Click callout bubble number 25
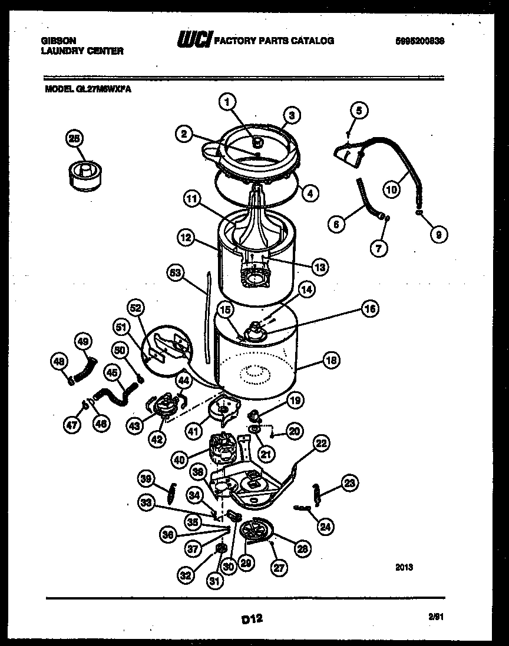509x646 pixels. point(74,139)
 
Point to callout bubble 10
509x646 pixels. point(391,189)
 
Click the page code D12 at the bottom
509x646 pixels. point(251,618)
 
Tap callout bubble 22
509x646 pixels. point(321,444)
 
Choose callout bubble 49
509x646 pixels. point(83,341)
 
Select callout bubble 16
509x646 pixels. point(369,308)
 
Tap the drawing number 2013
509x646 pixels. point(404,568)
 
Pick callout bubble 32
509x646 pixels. point(187,576)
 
